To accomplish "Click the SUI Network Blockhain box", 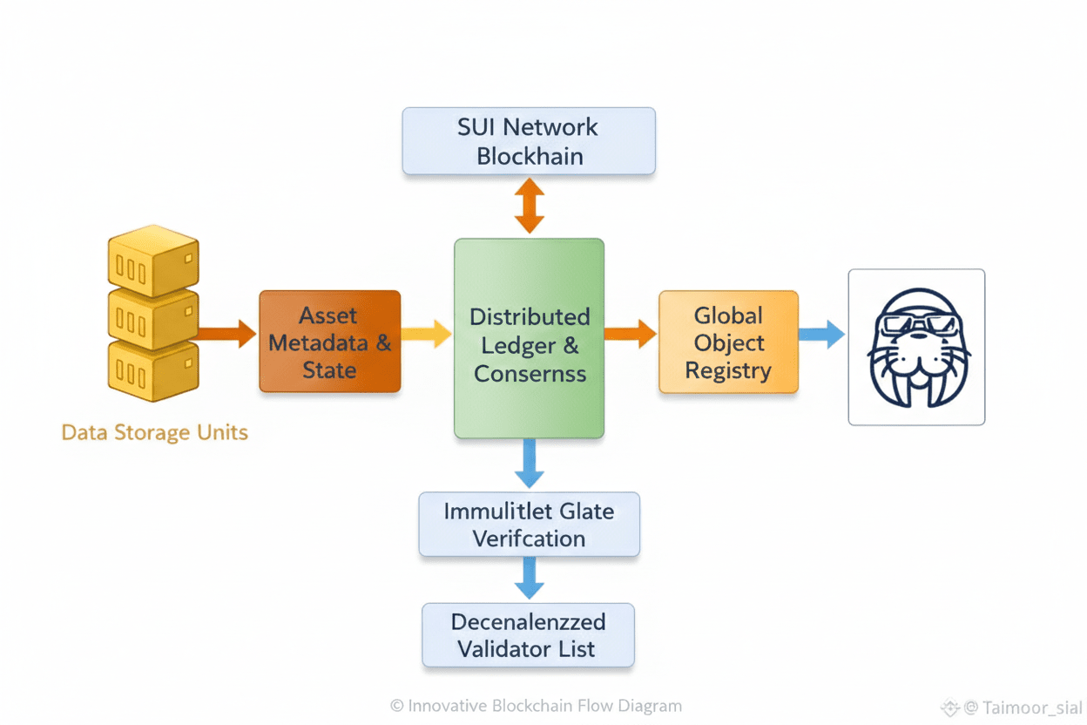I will [x=528, y=141].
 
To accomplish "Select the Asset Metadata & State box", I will [x=329, y=342].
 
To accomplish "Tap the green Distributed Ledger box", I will [x=529, y=338].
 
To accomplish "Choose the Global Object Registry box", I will [x=728, y=342].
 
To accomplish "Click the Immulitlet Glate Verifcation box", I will [x=529, y=525].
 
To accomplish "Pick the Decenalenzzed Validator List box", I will [x=528, y=635].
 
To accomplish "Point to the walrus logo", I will [x=916, y=347].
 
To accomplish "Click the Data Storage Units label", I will [x=154, y=432].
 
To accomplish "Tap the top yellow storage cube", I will [x=153, y=260].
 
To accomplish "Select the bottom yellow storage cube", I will [x=153, y=369].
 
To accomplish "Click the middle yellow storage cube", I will [x=153, y=317].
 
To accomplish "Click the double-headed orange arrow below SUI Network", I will [x=529, y=206].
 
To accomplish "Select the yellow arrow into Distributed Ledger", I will [x=426, y=333].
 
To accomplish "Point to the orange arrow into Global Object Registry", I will [x=630, y=333].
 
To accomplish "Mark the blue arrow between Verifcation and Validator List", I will [x=529, y=578].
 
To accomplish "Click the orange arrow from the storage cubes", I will [x=226, y=333].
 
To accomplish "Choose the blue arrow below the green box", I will [x=529, y=464].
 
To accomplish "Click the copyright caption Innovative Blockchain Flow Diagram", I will [x=536, y=706].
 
